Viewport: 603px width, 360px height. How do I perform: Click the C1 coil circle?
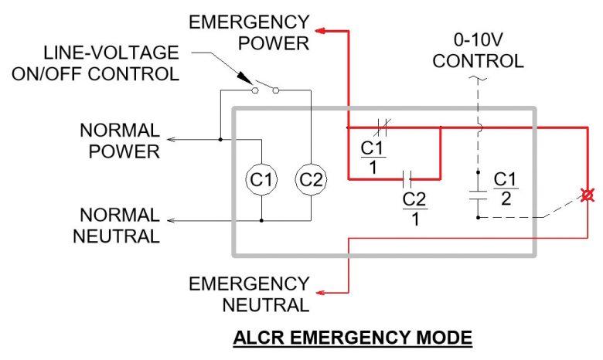[x=261, y=180]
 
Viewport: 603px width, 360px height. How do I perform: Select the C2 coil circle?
[x=309, y=180]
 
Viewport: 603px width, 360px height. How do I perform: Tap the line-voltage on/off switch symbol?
[x=264, y=88]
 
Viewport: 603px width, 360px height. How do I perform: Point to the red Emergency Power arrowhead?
[x=322, y=32]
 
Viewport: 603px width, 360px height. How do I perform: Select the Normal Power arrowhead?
[x=172, y=140]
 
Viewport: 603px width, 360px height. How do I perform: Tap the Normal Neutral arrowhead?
[x=172, y=221]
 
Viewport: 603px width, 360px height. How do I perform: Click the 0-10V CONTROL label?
[x=478, y=50]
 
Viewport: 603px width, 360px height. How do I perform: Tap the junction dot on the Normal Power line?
[x=220, y=140]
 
